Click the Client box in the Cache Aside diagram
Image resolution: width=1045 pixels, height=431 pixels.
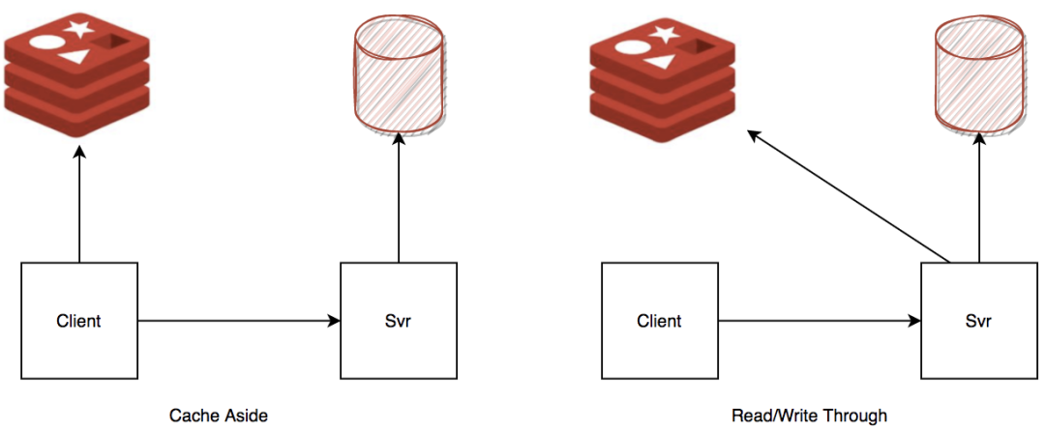(79, 320)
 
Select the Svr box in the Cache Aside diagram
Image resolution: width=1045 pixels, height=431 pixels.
(398, 320)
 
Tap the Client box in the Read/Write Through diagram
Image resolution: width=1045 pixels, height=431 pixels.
(659, 320)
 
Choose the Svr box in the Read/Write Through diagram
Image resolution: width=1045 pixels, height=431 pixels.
(977, 320)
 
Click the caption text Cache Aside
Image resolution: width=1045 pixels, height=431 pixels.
(218, 416)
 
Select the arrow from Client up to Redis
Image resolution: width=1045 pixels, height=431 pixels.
(79, 203)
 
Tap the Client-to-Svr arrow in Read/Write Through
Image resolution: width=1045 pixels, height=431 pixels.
(819, 320)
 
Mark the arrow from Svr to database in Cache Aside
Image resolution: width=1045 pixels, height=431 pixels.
(398, 203)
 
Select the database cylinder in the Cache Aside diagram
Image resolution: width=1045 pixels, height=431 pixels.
(398, 76)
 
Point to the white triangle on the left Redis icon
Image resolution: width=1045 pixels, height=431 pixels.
(75, 59)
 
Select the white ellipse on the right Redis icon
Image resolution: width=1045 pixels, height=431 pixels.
(630, 49)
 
